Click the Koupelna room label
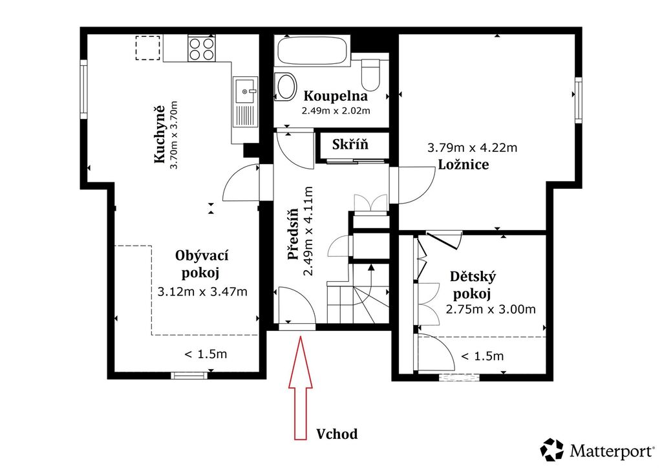[336, 96]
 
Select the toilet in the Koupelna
[371, 74]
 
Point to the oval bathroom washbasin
[285, 87]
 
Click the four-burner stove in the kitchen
[202, 48]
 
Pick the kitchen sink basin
[245, 90]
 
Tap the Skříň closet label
[350, 144]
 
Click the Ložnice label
[464, 164]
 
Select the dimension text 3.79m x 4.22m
[472, 147]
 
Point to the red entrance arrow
[300, 388]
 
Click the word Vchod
[337, 434]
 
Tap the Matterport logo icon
[552, 450]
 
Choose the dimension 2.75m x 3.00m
[491, 310]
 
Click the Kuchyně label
[160, 134]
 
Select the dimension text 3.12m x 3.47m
[202, 291]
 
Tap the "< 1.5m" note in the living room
[206, 354]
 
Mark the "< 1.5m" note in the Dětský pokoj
[482, 356]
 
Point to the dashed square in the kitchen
[148, 48]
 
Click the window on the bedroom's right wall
[579, 100]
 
